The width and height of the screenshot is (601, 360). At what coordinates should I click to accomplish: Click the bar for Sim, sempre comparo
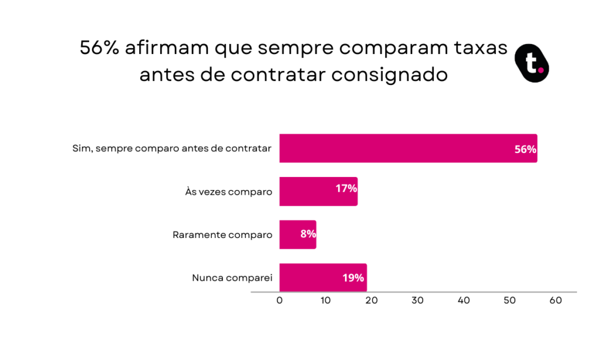408,148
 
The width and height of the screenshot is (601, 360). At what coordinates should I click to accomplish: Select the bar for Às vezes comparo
319,192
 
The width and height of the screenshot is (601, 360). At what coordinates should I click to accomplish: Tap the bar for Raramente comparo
298,235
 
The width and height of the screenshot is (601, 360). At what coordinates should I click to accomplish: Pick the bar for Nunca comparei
323,278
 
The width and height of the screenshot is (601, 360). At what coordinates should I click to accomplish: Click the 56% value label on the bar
525,150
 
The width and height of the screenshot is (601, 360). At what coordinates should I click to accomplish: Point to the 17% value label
346,188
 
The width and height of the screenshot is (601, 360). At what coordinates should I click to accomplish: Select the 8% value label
308,233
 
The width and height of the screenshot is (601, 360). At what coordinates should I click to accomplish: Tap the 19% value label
353,278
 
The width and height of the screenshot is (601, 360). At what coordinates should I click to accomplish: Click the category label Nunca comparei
232,278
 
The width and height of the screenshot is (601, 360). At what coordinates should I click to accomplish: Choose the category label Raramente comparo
222,235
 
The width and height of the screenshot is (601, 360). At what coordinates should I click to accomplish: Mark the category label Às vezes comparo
229,192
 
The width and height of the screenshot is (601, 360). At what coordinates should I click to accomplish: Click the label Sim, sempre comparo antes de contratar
172,148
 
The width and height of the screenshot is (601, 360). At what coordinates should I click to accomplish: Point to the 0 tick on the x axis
279,301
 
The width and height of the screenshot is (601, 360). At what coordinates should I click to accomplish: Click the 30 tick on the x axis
417,301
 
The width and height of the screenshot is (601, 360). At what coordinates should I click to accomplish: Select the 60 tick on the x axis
556,301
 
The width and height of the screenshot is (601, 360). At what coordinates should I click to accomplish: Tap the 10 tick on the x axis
325,301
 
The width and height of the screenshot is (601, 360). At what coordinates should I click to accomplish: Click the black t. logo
532,63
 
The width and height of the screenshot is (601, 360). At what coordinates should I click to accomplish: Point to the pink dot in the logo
541,70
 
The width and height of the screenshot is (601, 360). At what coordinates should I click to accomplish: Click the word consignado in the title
390,74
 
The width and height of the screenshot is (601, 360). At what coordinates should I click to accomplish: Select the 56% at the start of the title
99,48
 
